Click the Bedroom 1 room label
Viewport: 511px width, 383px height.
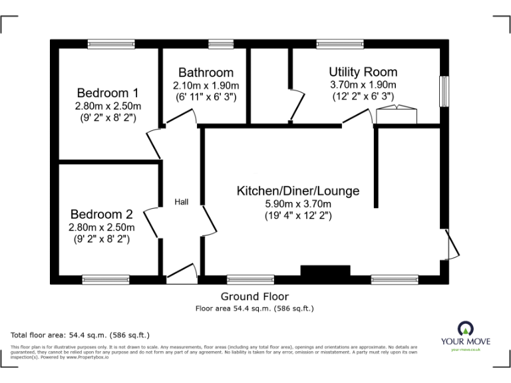[107, 92]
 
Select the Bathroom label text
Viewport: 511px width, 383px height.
[206, 72]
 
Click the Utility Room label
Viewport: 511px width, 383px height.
[363, 72]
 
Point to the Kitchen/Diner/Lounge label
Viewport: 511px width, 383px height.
[298, 191]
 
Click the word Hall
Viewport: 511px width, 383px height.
[181, 201]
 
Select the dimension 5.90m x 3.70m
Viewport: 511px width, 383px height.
[298, 203]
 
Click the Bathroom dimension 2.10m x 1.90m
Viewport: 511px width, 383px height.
[206, 85]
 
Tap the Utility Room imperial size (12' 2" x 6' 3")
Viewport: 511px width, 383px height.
[363, 96]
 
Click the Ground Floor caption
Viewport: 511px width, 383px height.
[255, 297]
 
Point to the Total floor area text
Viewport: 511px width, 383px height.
[81, 334]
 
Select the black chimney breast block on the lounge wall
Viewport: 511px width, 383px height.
[325, 270]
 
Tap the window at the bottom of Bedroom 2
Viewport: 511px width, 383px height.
[106, 280]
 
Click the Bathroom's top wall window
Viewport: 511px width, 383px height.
[217, 45]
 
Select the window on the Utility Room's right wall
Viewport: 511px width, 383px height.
[444, 90]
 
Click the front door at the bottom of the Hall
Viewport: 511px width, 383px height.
[181, 274]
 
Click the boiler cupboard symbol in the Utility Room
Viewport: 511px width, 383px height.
[396, 116]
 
